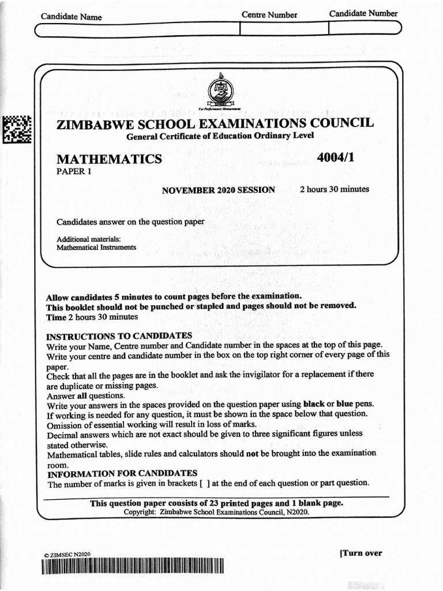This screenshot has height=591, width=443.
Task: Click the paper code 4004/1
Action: pos(335,158)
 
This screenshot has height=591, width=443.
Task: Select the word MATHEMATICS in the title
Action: pos(108,159)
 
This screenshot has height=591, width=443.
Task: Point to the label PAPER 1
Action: pos(73,171)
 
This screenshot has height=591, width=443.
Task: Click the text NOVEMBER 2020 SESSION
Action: pos(218,190)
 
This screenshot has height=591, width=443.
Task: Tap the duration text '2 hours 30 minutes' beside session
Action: pos(335,189)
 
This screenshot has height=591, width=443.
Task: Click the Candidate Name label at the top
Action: pos(71,17)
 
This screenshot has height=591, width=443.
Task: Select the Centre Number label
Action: pos(269,15)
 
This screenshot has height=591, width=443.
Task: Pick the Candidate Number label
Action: pos(363,13)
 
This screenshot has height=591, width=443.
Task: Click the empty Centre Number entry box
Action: pos(283,29)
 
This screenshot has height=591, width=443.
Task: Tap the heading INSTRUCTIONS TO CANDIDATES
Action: pos(119,336)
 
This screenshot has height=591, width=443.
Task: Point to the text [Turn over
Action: pos(361,553)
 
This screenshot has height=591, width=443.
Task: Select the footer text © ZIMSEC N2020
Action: pos(67,555)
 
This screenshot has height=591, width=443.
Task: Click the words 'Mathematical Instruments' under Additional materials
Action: pos(96,247)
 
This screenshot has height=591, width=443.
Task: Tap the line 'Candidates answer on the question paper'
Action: pos(130,222)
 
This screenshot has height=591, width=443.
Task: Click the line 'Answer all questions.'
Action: pos(85,395)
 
